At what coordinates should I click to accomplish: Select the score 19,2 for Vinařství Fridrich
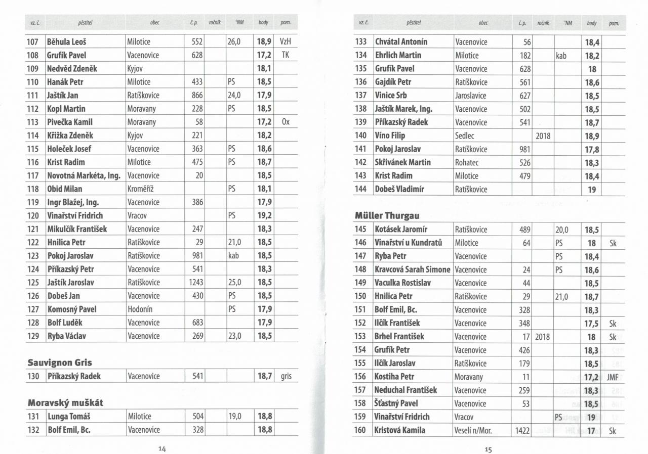(x=264, y=215)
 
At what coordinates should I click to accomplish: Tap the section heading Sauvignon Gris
(x=59, y=362)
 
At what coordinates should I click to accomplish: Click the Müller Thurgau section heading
(x=387, y=216)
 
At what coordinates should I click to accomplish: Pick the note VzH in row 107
(x=286, y=42)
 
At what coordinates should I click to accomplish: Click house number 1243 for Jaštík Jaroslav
(x=196, y=282)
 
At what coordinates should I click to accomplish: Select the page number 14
(x=162, y=448)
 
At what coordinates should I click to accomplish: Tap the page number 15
(x=488, y=449)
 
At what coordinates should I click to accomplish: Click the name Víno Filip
(x=390, y=135)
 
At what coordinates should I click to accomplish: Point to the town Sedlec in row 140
(x=466, y=135)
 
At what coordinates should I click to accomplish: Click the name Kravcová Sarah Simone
(x=412, y=269)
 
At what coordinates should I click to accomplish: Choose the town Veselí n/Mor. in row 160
(x=473, y=430)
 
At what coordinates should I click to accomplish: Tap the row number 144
(x=361, y=189)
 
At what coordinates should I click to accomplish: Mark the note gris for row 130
(x=286, y=376)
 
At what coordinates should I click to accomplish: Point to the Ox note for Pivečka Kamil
(x=286, y=122)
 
